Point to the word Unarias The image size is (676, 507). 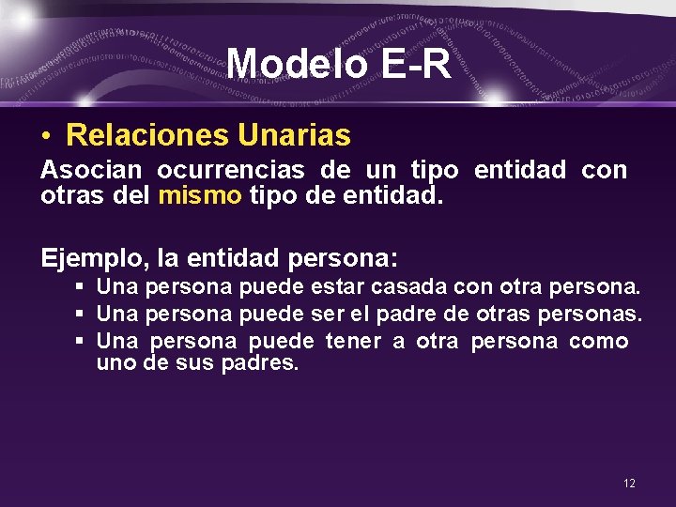click(294, 136)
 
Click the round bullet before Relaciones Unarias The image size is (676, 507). click(46, 137)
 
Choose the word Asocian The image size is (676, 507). click(90, 170)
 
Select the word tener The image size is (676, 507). click(353, 342)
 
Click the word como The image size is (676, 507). click(598, 342)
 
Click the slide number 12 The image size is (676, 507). click(628, 483)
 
